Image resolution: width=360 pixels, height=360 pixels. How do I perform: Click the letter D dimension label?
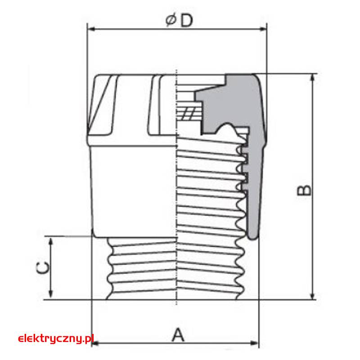[186, 21]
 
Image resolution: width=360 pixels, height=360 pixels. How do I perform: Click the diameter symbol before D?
[171, 20]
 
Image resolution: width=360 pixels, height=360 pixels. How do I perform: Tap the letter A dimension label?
[178, 335]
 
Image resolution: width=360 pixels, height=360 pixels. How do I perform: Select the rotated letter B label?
[304, 190]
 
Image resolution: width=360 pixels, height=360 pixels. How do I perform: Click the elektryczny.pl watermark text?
[56, 338]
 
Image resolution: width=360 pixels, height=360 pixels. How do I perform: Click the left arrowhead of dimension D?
[91, 29]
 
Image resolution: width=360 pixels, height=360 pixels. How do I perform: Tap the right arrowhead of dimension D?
[263, 29]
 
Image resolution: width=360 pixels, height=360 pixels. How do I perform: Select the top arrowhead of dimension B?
[312, 77]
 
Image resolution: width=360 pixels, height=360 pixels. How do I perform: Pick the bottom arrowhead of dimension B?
[312, 296]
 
